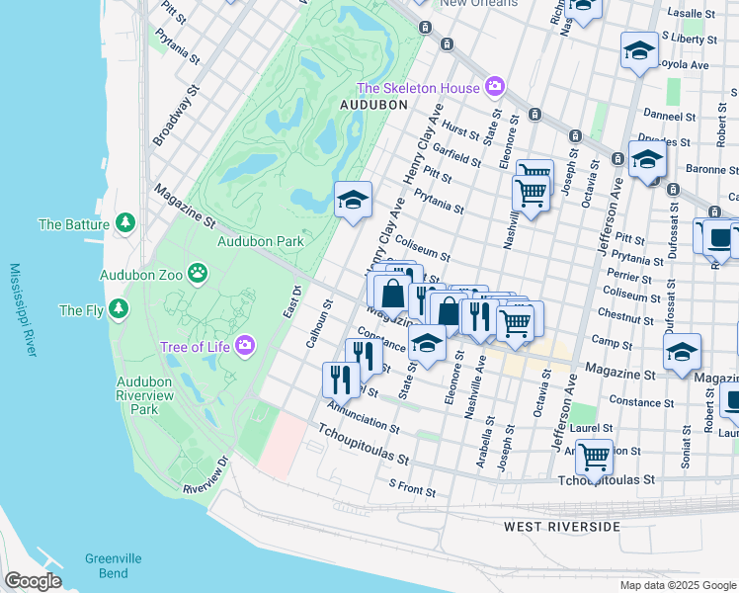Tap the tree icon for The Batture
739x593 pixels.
124,223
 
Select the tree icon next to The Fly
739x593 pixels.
119,309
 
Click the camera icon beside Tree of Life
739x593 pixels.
244,346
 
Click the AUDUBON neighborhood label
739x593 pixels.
373,104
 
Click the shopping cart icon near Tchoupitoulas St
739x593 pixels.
594,456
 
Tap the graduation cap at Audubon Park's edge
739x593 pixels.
353,201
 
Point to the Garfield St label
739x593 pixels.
456,154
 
